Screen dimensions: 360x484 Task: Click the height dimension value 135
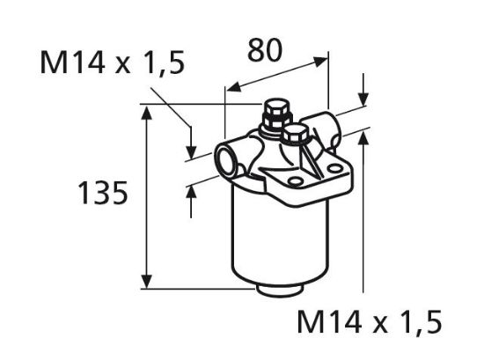[x=103, y=193]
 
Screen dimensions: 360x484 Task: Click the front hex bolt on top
[x=296, y=136]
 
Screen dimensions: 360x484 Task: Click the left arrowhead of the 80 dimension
[x=231, y=88]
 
